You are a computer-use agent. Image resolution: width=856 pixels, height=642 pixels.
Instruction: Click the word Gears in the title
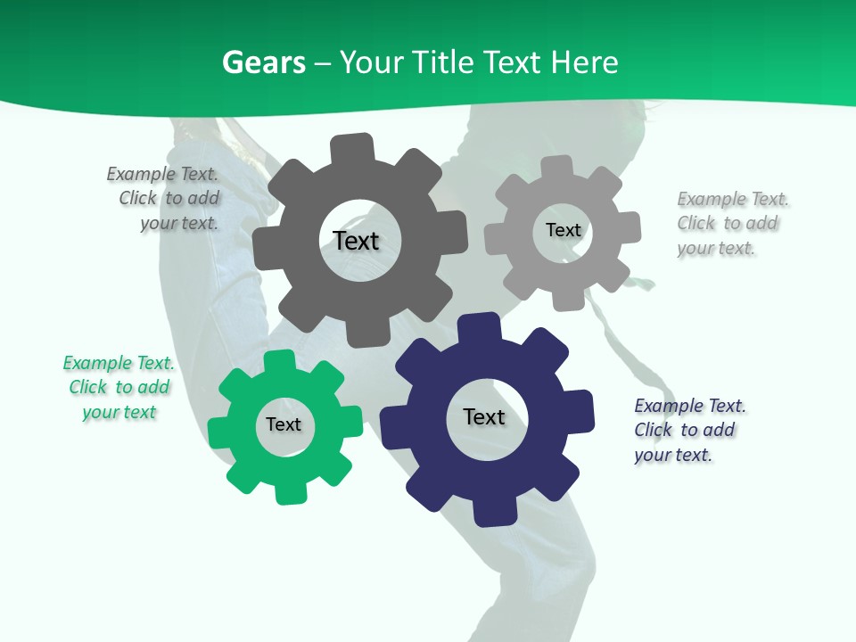pyautogui.click(x=263, y=62)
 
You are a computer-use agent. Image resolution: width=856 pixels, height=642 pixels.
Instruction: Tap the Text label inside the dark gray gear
pyautogui.click(x=356, y=241)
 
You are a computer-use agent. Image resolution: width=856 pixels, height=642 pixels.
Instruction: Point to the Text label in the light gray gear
pyautogui.click(x=563, y=230)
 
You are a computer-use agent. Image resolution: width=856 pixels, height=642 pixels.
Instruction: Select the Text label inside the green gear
pyautogui.click(x=284, y=424)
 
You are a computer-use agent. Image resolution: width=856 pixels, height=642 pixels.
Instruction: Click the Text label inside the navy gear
pyautogui.click(x=484, y=416)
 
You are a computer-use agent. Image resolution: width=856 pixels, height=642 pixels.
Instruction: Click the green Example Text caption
pyautogui.click(x=119, y=387)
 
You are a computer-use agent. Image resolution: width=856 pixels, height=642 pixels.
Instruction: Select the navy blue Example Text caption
pyautogui.click(x=689, y=430)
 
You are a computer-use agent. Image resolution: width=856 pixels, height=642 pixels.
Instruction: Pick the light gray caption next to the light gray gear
pyautogui.click(x=731, y=223)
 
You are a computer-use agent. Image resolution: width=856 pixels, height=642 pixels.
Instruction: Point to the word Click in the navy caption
pyautogui.click(x=654, y=430)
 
